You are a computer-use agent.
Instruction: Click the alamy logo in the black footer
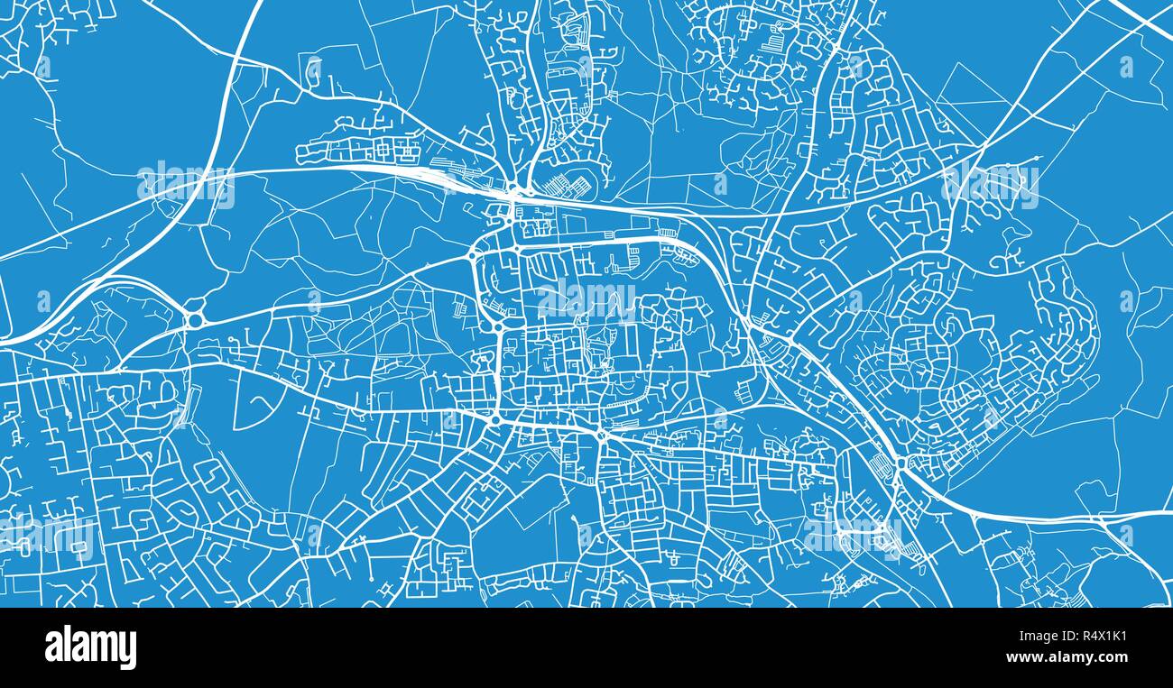[x=90, y=647]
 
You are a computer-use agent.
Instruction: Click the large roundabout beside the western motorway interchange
[x=195, y=319]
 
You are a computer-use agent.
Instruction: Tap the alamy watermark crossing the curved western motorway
[x=186, y=185]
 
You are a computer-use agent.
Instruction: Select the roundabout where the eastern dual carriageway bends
[x=900, y=465]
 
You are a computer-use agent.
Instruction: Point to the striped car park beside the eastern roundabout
[x=881, y=465]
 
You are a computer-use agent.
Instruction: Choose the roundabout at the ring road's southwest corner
[x=495, y=420]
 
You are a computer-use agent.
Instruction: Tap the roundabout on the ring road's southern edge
[x=602, y=435]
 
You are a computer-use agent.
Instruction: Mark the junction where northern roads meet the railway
[x=513, y=192]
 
